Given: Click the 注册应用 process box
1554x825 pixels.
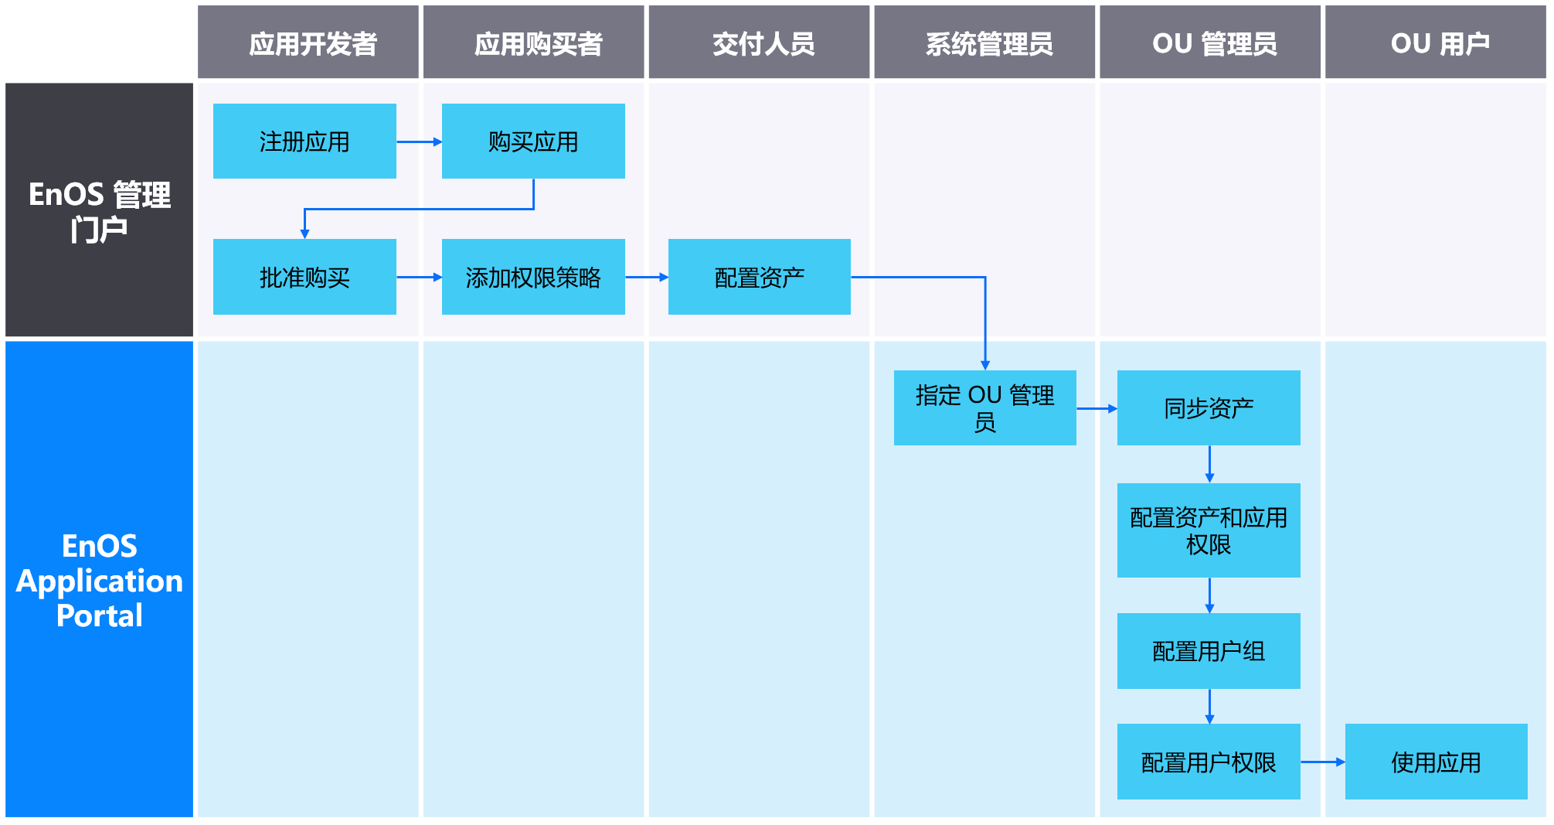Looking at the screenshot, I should click(x=304, y=141).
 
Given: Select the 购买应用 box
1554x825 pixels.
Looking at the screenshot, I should click(x=533, y=141).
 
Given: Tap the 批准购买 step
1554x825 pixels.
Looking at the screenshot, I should click(x=304, y=277).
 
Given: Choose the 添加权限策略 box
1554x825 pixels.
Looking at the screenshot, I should click(x=533, y=277).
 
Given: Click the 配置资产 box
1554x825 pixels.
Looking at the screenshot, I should click(x=759, y=277).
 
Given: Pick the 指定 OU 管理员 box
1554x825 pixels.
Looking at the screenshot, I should click(x=984, y=407).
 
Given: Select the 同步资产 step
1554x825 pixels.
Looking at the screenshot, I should click(x=1209, y=407).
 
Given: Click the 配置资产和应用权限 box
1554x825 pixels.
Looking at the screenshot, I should click(x=1209, y=530).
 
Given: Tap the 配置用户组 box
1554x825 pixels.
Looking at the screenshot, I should click(x=1209, y=651).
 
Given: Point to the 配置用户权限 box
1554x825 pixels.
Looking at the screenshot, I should click(x=1209, y=762).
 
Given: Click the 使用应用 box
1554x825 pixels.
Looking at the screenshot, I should click(x=1436, y=762).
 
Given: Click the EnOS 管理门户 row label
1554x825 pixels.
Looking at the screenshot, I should click(x=99, y=210).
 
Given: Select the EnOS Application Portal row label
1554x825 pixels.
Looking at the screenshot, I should click(x=99, y=580).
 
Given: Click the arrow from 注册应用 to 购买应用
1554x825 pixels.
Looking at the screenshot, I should click(x=419, y=142).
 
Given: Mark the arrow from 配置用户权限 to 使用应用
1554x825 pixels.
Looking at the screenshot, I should click(x=1322, y=762).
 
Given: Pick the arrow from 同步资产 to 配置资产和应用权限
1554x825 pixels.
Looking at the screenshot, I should click(x=1209, y=464).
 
